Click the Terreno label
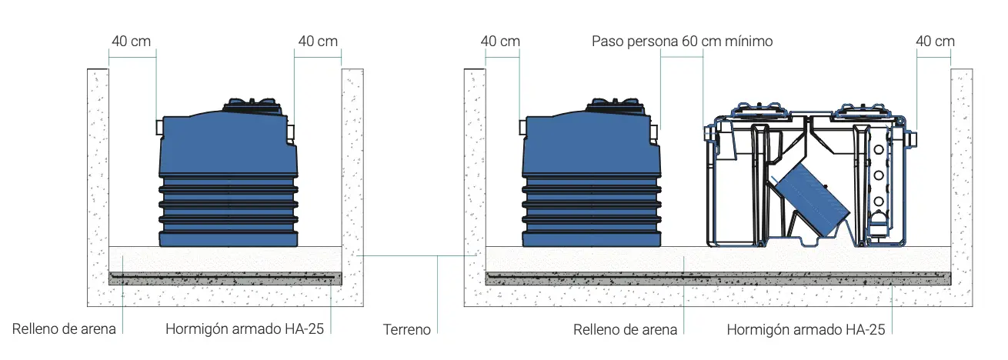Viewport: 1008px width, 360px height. [407, 330]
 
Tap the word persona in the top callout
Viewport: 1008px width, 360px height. [651, 41]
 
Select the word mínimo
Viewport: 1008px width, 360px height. [744, 41]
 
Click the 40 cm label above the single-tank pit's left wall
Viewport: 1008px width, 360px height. [131, 41]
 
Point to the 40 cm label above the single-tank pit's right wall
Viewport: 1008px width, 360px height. [318, 41]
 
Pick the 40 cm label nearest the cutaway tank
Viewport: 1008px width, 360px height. [935, 41]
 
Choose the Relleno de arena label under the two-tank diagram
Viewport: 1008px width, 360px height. [625, 330]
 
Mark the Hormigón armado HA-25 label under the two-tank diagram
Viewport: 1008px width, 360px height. [806, 330]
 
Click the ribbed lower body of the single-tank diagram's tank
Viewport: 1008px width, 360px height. [228, 212]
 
